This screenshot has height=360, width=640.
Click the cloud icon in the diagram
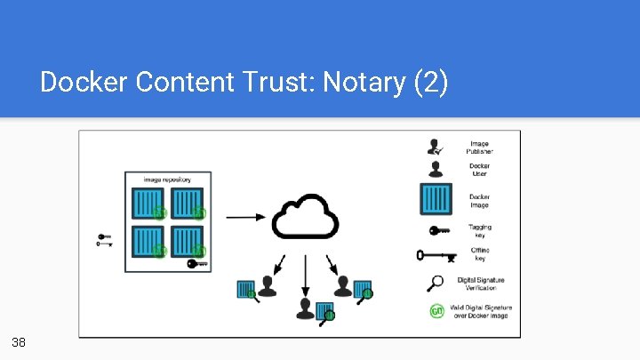(x=305, y=217)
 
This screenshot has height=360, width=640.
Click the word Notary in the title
(x=364, y=83)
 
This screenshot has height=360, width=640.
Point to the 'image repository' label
(x=168, y=180)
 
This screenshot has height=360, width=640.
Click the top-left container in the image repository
(x=146, y=204)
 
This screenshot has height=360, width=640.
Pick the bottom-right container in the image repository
(x=188, y=242)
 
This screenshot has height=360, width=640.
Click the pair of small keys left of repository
(x=104, y=239)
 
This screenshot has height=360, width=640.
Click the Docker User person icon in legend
(x=436, y=168)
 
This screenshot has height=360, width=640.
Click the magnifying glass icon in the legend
(x=436, y=283)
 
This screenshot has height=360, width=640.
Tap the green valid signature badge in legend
(x=436, y=311)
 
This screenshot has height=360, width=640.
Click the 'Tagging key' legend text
(x=480, y=230)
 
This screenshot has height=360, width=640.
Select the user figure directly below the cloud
(x=306, y=308)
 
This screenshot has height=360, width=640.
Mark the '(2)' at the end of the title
(x=431, y=83)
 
